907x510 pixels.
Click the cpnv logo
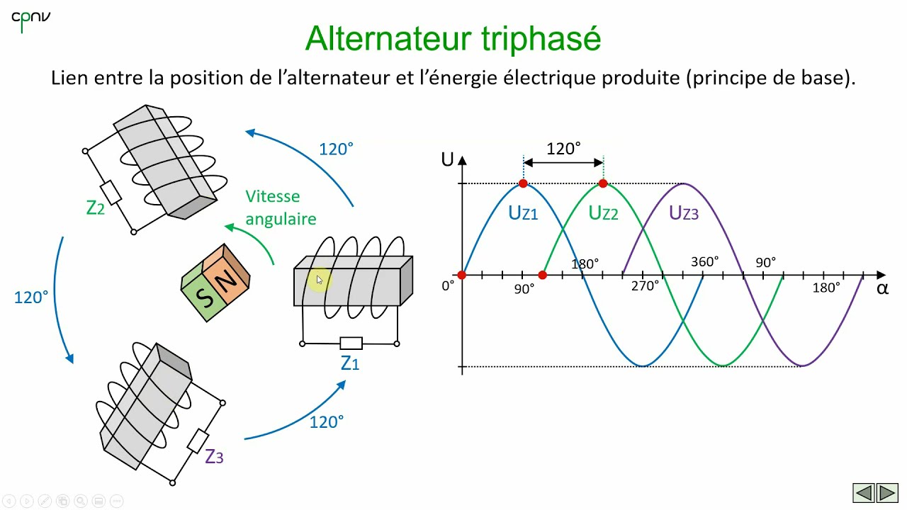pyautogui.click(x=30, y=20)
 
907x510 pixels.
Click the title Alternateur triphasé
pyautogui.click(x=453, y=38)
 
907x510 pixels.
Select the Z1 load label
pyautogui.click(x=350, y=363)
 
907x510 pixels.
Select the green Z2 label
pyautogui.click(x=96, y=208)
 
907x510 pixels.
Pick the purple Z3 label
pyautogui.click(x=214, y=457)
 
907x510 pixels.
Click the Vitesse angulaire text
pyautogui.click(x=281, y=208)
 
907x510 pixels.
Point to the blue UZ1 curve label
pyautogui.click(x=523, y=212)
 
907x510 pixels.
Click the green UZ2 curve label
pyautogui.click(x=603, y=212)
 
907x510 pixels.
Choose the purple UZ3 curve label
pyautogui.click(x=683, y=212)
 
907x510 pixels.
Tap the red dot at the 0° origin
pyautogui.click(x=462, y=275)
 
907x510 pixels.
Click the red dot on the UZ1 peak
pyautogui.click(x=523, y=183)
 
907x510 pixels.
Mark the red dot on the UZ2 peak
pyautogui.click(x=603, y=183)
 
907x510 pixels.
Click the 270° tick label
pyautogui.click(x=646, y=287)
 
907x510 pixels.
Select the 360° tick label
pyautogui.click(x=705, y=262)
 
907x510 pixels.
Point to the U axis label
pyautogui.click(x=447, y=159)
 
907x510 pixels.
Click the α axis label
pyautogui.click(x=882, y=288)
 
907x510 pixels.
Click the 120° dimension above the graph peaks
pyautogui.click(x=563, y=149)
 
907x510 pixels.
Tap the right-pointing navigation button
pyautogui.click(x=887, y=492)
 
